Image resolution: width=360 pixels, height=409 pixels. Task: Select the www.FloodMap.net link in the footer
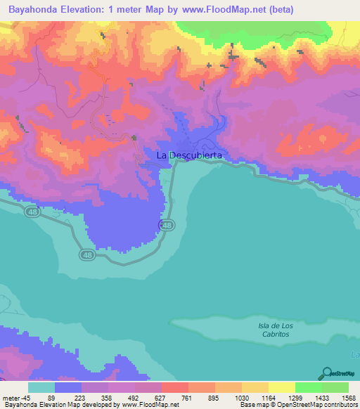click(148, 405)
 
